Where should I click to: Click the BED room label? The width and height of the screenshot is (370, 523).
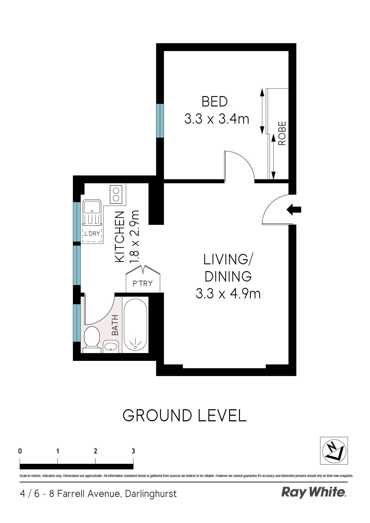(215, 102)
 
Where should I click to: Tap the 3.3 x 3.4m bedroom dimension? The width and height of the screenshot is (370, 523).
(217, 119)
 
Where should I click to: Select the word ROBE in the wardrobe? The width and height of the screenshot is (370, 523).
(282, 133)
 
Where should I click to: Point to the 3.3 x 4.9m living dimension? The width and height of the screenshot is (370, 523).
(228, 294)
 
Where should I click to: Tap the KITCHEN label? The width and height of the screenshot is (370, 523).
(120, 237)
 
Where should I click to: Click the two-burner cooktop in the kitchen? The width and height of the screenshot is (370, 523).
(116, 194)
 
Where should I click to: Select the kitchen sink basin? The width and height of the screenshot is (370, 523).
(92, 207)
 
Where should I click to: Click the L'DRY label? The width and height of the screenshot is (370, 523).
(92, 234)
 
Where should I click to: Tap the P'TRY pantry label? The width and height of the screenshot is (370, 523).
(143, 284)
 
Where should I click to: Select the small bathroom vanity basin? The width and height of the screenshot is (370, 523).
(111, 346)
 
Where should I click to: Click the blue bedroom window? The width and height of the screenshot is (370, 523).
(160, 121)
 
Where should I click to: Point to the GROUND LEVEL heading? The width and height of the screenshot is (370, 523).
(184, 416)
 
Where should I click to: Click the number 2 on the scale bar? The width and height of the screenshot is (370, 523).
(95, 451)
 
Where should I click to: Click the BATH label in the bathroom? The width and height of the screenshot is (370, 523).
(115, 325)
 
